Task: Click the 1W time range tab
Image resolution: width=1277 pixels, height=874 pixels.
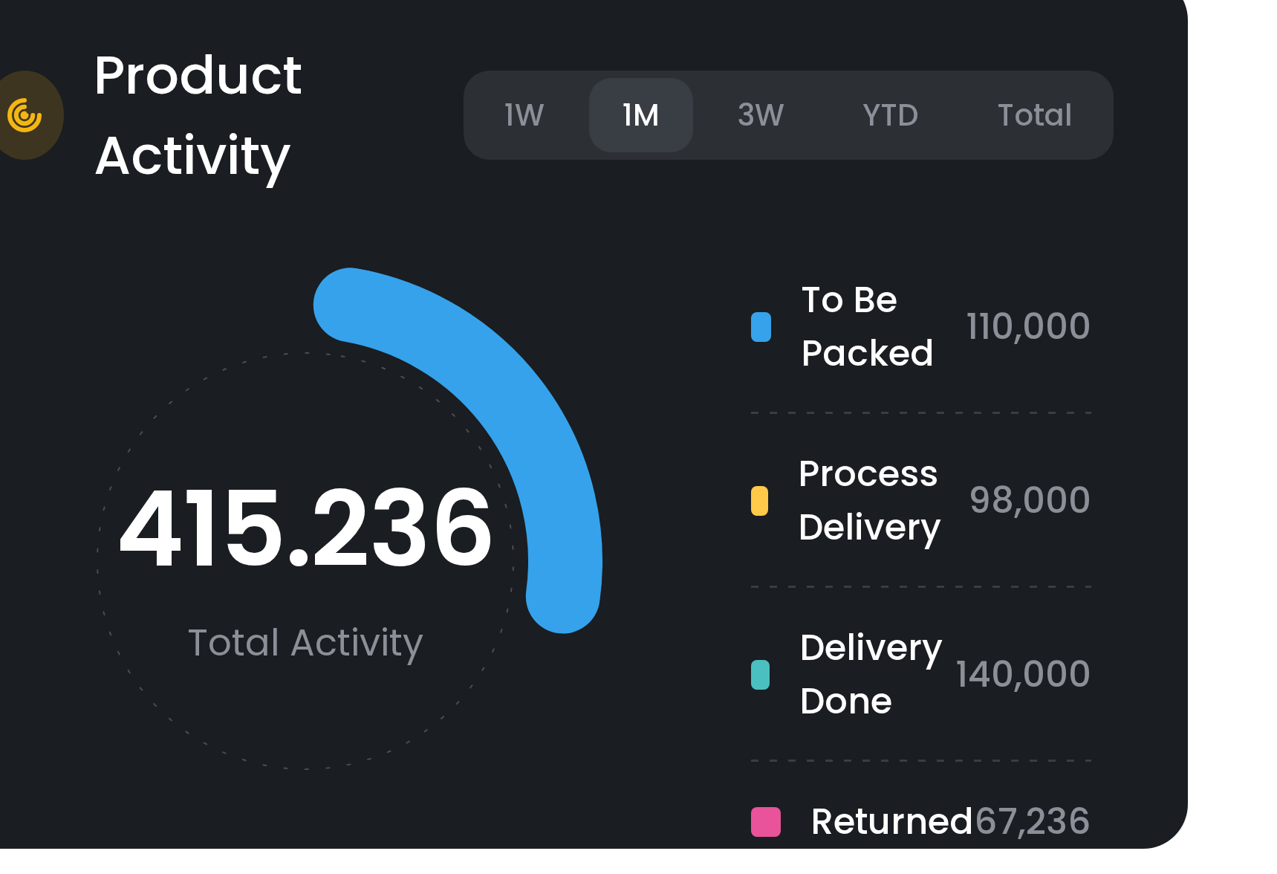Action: coord(524,115)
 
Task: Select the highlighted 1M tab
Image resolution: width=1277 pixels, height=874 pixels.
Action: coord(640,115)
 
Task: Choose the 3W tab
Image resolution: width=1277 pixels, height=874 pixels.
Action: coord(761,115)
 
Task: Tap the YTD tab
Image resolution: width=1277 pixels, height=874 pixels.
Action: coord(890,115)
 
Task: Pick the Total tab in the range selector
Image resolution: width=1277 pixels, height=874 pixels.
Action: coord(1034,115)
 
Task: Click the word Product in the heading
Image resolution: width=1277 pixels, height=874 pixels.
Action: coord(198,76)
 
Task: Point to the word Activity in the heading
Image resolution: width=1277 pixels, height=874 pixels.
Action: coord(192,156)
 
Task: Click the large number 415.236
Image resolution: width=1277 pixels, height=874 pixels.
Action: coord(305,528)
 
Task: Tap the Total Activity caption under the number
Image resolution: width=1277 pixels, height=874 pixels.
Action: coord(305,643)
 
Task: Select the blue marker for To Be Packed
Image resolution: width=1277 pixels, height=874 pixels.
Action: coord(761,327)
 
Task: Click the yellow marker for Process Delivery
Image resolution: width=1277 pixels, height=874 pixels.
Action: coord(759,501)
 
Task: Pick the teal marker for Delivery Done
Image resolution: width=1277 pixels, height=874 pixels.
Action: coord(760,675)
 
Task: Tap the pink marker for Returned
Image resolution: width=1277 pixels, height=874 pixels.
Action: coord(765,822)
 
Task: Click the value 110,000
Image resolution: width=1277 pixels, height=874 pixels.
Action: coord(1027,327)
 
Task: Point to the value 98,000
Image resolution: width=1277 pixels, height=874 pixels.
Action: coord(1030,500)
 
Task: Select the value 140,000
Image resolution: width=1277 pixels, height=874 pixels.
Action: coord(1022,675)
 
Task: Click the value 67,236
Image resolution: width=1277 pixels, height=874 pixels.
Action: coord(1032,822)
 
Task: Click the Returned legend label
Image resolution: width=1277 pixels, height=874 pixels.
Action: coord(891,822)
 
